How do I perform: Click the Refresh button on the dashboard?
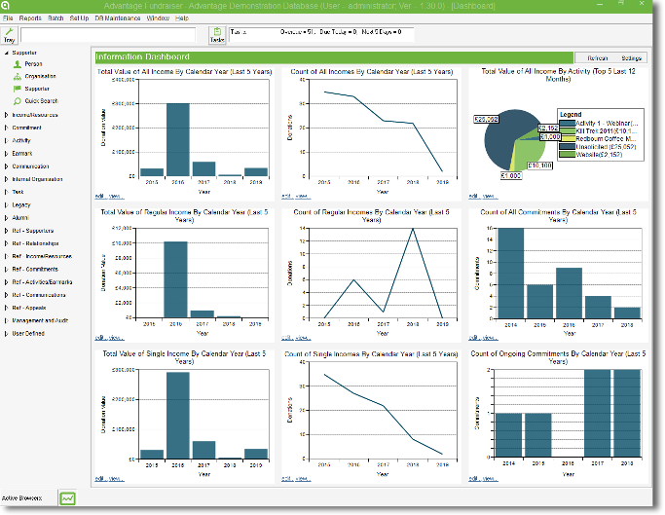[x=597, y=58]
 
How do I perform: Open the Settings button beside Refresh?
[x=631, y=58]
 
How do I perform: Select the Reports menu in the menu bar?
[x=30, y=18]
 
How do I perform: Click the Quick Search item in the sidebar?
[x=41, y=100]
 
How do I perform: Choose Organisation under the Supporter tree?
[x=40, y=76]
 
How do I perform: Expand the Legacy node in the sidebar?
[x=21, y=204]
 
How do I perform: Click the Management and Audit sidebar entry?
[x=40, y=319]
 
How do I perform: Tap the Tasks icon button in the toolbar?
[x=217, y=35]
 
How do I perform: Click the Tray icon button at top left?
[x=9, y=35]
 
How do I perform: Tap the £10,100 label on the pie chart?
[x=538, y=166]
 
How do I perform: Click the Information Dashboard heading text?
[x=143, y=58]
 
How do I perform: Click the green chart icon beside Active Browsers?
[x=67, y=498]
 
